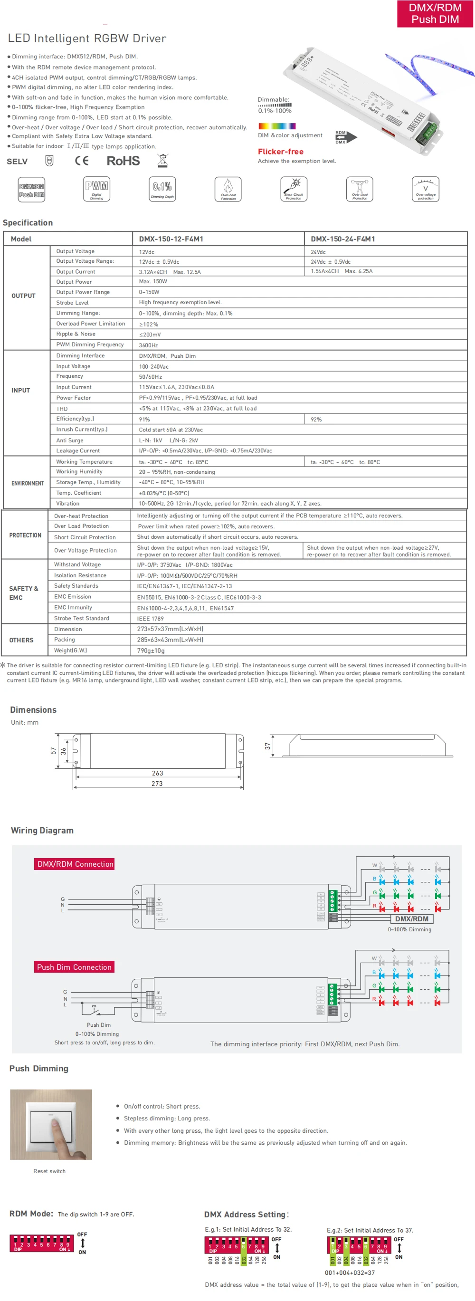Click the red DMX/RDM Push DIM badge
coord(435,14)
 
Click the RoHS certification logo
coord(123,161)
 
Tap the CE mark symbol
coord(82,161)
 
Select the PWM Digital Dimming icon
coord(96,190)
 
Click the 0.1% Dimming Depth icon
coord(162,190)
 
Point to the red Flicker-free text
coord(281,152)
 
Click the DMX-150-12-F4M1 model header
coord(171,239)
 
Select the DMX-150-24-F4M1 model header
coord(343,239)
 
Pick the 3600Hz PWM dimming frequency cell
coord(148,345)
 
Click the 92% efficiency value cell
coord(316,420)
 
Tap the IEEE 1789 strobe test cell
coord(151,619)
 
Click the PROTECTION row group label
coord(25,536)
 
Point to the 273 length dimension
coord(157,784)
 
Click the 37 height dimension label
coord(267,746)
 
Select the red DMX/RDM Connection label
coord(75,864)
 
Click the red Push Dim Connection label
coord(74,967)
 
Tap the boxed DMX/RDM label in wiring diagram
coord(411,919)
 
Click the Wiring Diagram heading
coord(42,831)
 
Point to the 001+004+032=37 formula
coord(350,1272)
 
